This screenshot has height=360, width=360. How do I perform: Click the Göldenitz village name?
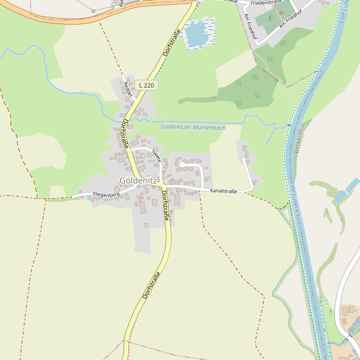coord(137,181)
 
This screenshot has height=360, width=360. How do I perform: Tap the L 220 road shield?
coord(146,86)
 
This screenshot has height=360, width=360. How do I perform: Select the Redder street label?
coord(126,89)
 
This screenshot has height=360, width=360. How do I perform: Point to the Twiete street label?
coord(157,155)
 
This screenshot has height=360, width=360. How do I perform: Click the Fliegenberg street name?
coord(106,194)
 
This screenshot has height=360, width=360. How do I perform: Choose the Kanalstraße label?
coord(223,191)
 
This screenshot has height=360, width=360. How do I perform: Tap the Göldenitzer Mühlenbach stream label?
coord(193,127)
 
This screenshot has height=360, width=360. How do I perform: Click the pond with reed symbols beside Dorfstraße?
coord(197,34)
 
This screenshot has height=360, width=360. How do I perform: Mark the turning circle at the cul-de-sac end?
coord(182,164)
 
